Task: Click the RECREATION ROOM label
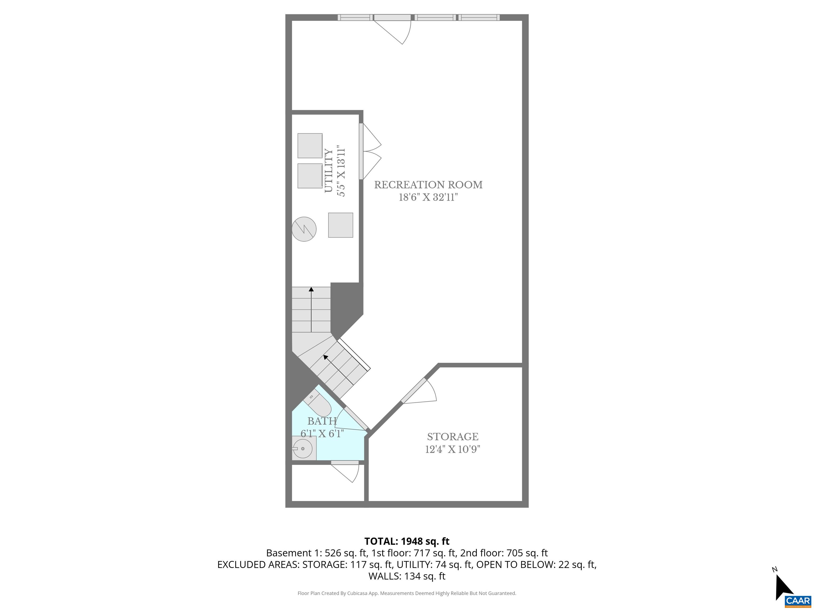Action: (428, 185)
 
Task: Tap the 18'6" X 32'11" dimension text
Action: (428, 198)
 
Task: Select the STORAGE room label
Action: (453, 437)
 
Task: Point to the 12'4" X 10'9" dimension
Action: (453, 449)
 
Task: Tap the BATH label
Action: (322, 421)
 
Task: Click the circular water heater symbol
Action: (304, 229)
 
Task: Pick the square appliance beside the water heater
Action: (340, 225)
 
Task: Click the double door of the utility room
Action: (370, 151)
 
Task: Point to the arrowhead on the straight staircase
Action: (311, 289)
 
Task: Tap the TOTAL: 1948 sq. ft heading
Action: (407, 541)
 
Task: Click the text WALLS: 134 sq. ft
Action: (407, 576)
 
